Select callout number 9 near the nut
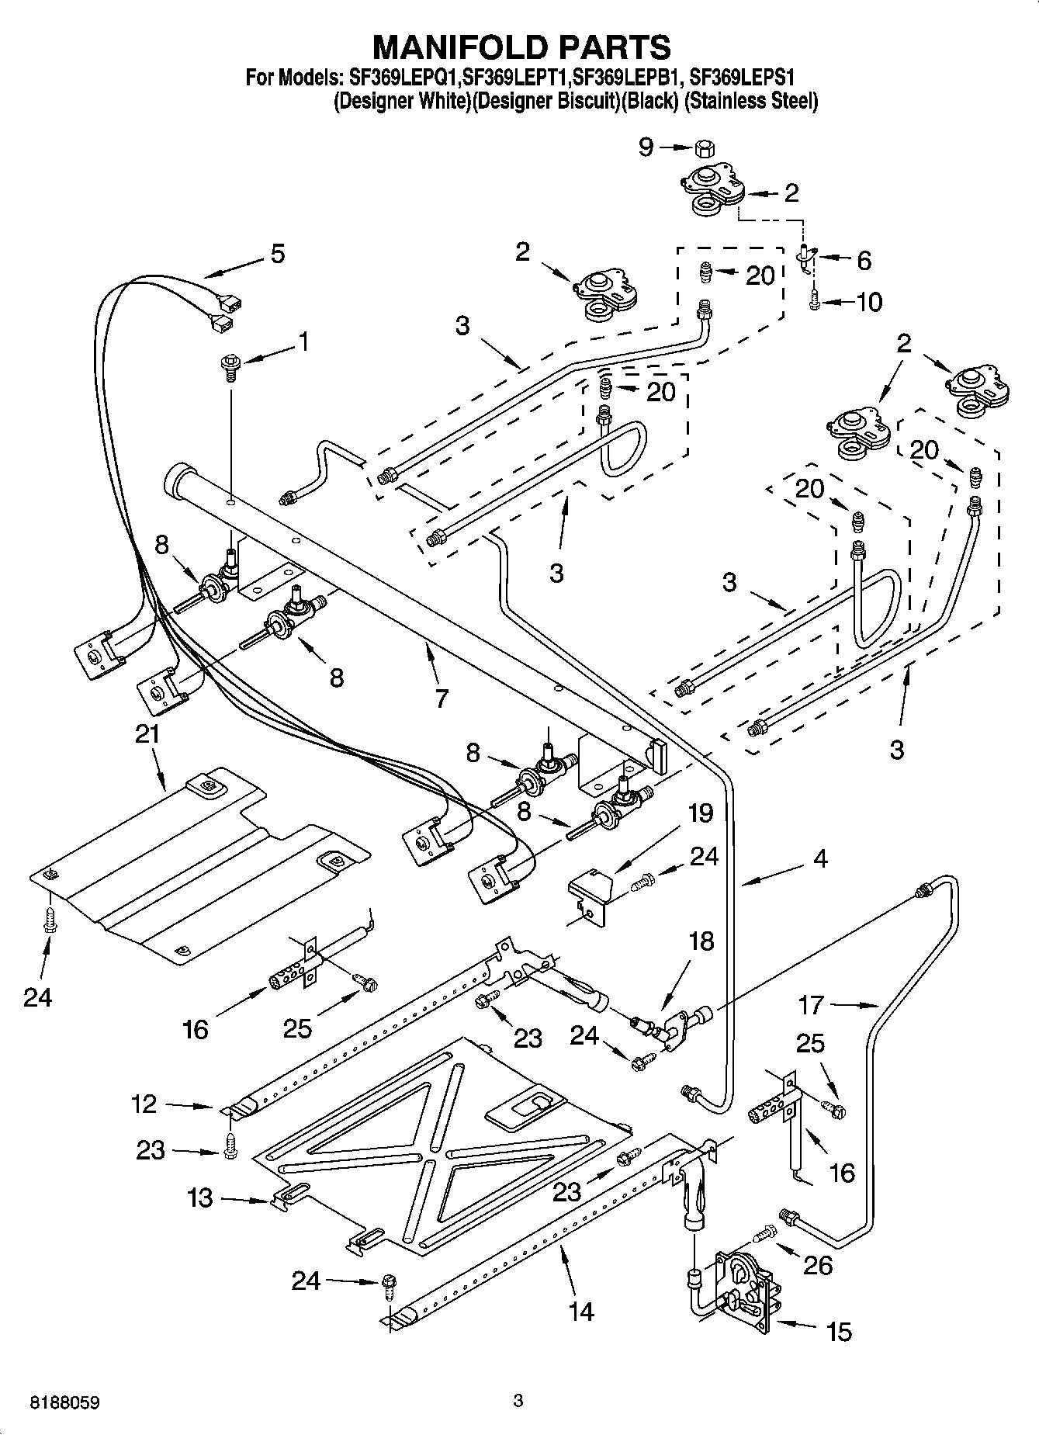point(646,147)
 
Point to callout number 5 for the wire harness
point(276,254)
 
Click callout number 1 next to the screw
point(303,341)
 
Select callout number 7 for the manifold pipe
point(442,698)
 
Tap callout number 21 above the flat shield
point(147,733)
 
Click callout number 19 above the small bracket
point(700,813)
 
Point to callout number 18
point(701,941)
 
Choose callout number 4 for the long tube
point(821,858)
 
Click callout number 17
point(811,1005)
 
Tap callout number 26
point(818,1265)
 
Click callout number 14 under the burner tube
point(580,1311)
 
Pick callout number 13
point(199,1198)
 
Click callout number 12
point(144,1104)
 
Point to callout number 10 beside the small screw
point(870,302)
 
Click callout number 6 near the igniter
point(864,260)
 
